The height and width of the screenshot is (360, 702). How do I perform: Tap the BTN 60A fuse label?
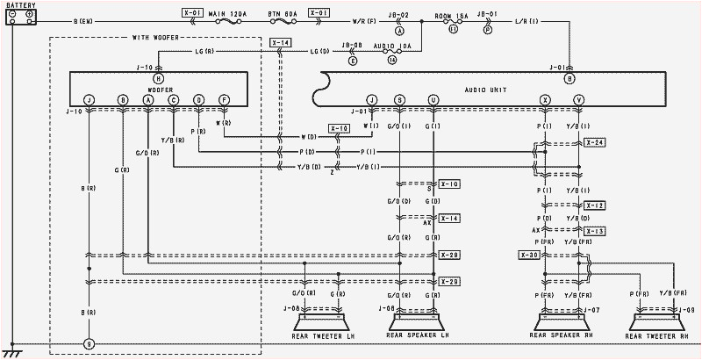click(285, 14)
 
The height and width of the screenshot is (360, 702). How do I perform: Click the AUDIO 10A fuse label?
click(391, 44)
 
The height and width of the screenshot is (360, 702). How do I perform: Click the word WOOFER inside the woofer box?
click(158, 89)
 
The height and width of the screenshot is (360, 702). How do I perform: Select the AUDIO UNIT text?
click(486, 90)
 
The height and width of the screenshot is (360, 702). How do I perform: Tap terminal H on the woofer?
click(158, 78)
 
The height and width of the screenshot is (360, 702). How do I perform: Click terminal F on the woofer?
click(225, 99)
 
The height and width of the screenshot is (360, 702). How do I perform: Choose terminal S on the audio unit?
click(400, 99)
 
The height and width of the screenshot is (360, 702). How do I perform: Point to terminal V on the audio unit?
click(578, 99)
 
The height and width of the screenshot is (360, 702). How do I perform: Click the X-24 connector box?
click(594, 142)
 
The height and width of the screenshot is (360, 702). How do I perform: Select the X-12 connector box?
click(594, 205)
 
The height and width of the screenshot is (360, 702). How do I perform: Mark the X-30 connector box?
click(530, 256)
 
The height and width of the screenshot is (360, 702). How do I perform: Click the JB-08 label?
click(352, 44)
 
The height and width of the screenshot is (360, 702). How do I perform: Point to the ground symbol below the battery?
click(12, 349)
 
